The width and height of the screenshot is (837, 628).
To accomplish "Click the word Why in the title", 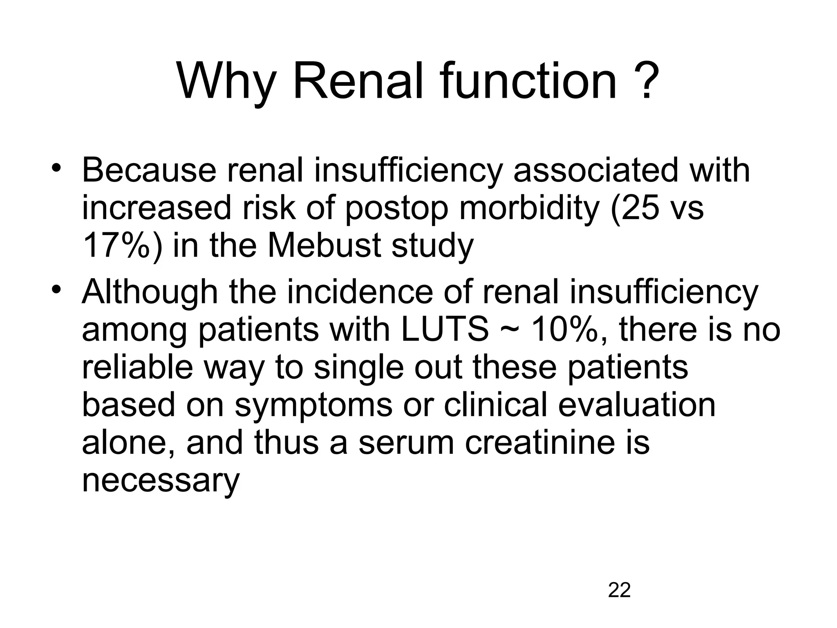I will pyautogui.click(x=226, y=82).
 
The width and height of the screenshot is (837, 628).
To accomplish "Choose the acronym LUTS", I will pyautogui.click(x=444, y=330).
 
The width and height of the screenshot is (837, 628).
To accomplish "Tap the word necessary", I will pyautogui.click(x=161, y=482).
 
